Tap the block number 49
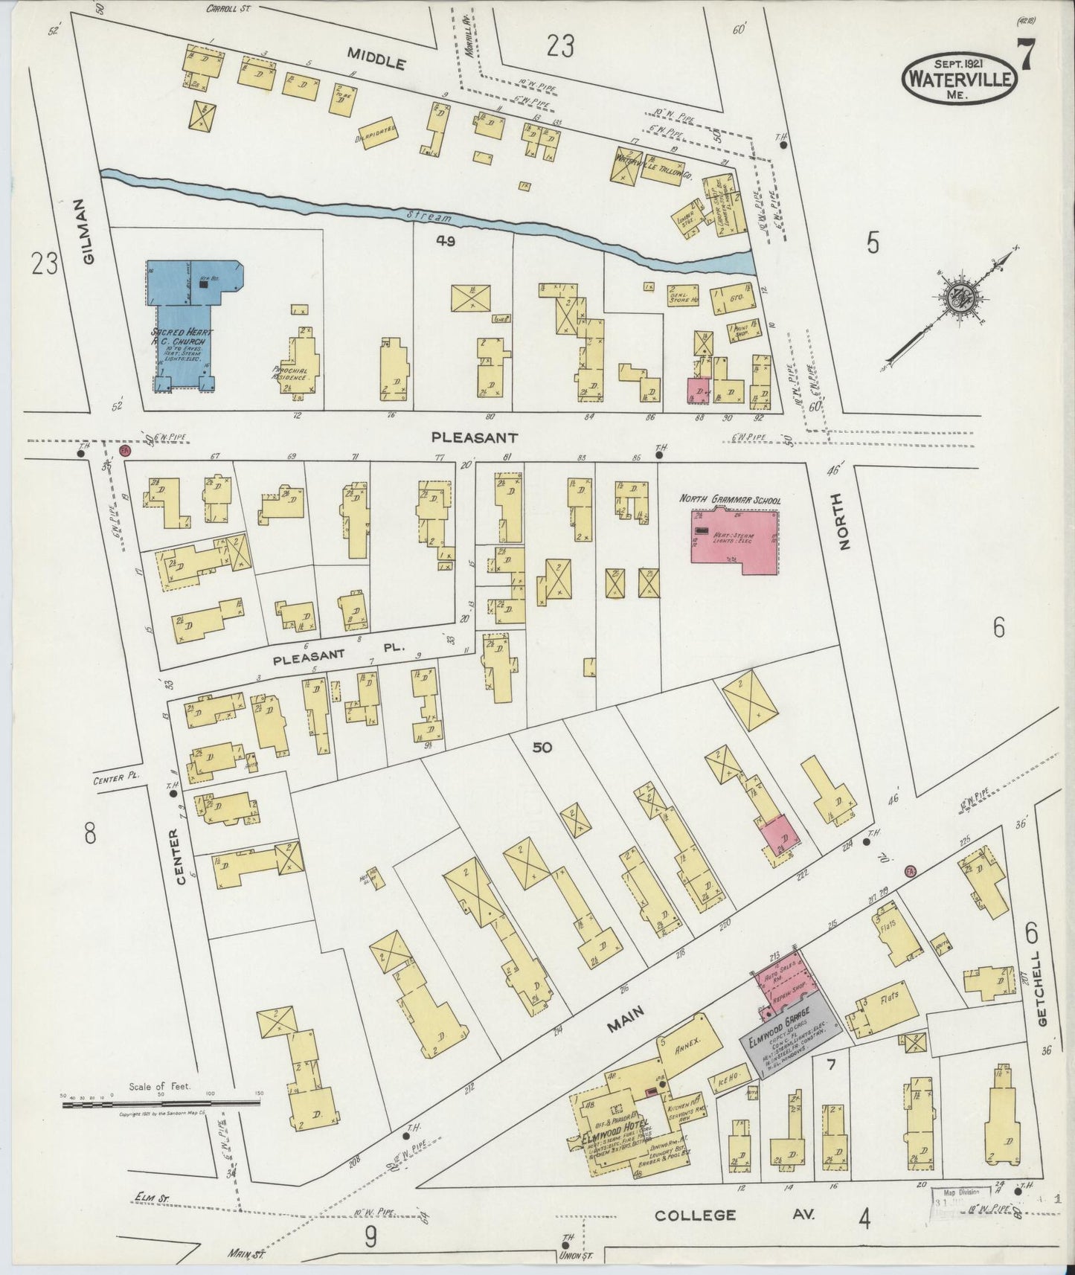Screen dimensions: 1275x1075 (x=446, y=240)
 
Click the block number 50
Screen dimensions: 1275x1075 (x=542, y=747)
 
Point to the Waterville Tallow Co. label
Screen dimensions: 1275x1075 (x=655, y=159)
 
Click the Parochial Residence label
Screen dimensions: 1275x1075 (x=290, y=373)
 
